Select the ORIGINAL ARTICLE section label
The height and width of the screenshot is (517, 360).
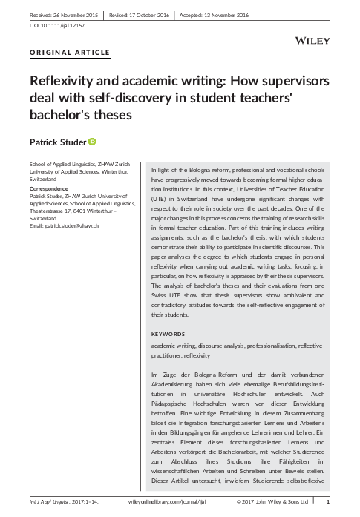pos(70,53)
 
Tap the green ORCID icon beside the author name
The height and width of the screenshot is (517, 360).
pos(93,141)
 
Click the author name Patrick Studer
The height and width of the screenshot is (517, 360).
pos(57,141)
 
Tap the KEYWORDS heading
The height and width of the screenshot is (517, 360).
pos(168,334)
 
